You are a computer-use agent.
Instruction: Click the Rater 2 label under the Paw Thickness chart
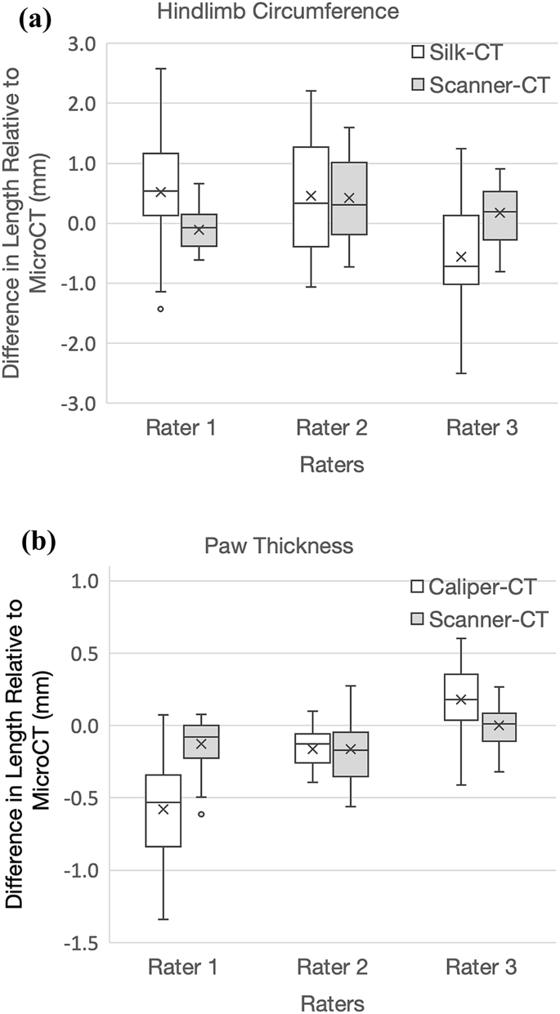coord(330,969)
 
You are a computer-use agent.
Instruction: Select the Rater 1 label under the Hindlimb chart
coord(181,428)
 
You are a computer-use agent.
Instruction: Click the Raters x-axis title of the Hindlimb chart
coord(330,466)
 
